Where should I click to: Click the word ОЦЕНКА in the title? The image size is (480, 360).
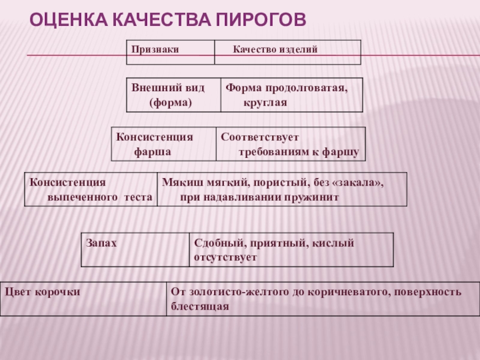point(64,21)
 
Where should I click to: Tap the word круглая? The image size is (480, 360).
point(265,103)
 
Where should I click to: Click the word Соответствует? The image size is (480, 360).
point(259,137)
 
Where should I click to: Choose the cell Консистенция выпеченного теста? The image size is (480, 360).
point(91,189)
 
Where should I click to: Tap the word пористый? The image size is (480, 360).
point(278,182)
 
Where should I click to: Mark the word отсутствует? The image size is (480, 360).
point(225,257)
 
